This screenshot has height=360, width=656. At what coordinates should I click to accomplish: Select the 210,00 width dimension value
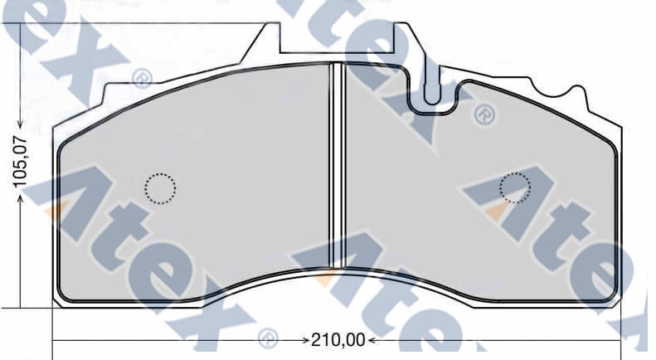(337, 340)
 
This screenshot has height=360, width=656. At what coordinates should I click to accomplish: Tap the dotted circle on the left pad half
(160, 188)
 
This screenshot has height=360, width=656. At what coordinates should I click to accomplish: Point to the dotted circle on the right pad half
(516, 188)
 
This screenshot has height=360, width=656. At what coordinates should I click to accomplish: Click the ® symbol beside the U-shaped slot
(483, 115)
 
